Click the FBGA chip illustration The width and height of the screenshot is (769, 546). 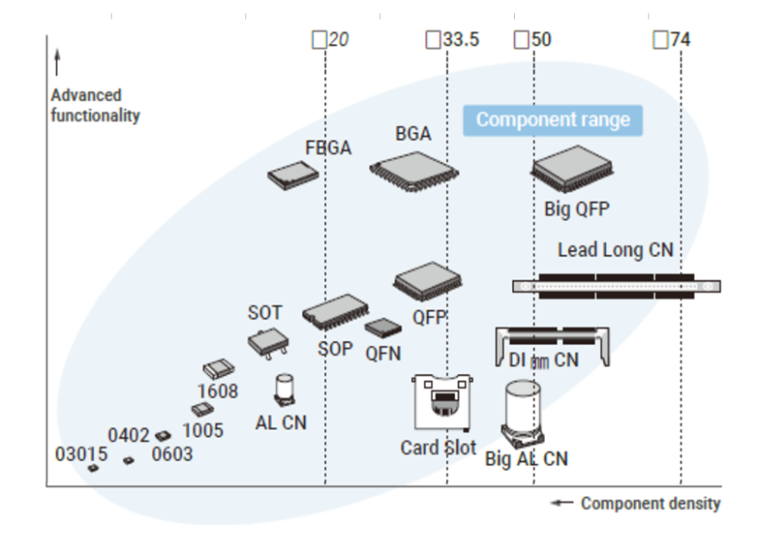(x=292, y=176)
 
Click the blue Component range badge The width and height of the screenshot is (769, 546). (x=553, y=120)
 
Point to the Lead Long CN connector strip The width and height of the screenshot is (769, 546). (x=617, y=285)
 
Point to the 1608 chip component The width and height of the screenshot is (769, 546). (x=218, y=368)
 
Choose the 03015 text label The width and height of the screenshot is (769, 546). (x=81, y=455)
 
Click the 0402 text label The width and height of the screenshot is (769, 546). (x=129, y=435)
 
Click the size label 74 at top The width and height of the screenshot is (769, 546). (x=680, y=40)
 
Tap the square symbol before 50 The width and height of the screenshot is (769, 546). (x=522, y=40)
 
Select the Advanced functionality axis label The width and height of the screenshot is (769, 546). (x=95, y=105)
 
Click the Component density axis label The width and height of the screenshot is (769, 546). (x=650, y=503)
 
